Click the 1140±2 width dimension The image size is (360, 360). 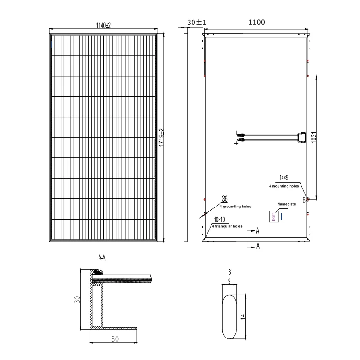click(103, 26)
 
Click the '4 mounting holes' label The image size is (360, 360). click(283, 185)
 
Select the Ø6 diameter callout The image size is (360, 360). click(224, 198)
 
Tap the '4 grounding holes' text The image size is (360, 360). click(235, 206)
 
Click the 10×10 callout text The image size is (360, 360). click(220, 219)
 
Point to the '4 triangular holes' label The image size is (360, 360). click(227, 226)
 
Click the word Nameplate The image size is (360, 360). click(286, 204)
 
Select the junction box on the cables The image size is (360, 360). click(301, 137)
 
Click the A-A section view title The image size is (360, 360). click(102, 258)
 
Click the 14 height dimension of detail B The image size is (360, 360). click(243, 316)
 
